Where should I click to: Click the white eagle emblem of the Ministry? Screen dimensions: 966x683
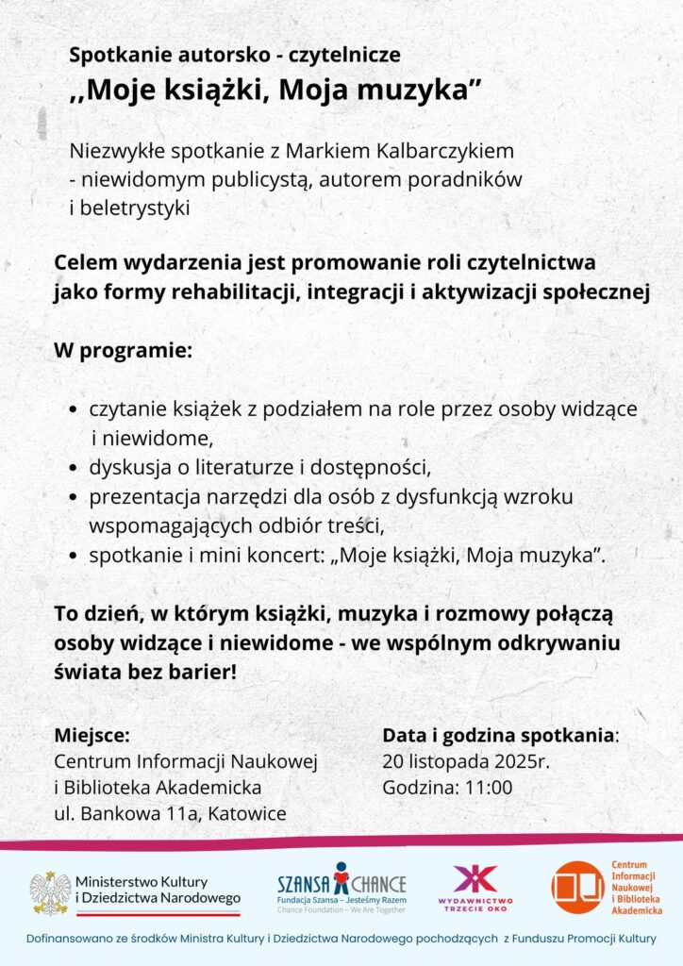coord(50,891)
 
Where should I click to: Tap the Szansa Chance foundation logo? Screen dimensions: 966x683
coord(341,888)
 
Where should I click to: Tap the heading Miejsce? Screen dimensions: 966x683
coord(92,736)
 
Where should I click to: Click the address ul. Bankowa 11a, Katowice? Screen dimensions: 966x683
coord(170,814)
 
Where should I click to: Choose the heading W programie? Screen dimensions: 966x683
coord(123,351)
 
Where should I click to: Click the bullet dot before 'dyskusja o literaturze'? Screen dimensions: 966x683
coord(75,468)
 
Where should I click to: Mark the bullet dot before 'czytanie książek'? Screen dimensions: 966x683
coord(75,410)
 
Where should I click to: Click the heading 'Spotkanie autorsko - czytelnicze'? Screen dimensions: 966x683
coord(235,55)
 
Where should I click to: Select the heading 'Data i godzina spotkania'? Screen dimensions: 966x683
coord(498,736)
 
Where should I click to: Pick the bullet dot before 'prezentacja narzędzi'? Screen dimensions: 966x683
coord(75,497)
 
